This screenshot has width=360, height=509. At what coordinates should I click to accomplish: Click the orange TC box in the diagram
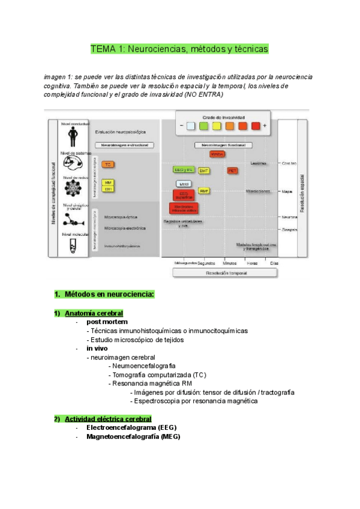(x=108, y=164)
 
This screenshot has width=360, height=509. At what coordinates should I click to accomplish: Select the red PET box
(x=233, y=170)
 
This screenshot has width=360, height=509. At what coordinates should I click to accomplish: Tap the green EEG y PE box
(x=183, y=170)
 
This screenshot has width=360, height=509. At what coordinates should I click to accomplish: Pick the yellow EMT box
(x=204, y=170)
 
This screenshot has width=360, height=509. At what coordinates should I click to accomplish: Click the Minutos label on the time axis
(x=230, y=263)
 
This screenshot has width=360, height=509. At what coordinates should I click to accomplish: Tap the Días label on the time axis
(x=274, y=263)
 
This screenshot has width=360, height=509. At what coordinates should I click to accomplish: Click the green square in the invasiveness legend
(x=203, y=126)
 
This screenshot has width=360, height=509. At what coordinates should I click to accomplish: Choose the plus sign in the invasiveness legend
(x=265, y=126)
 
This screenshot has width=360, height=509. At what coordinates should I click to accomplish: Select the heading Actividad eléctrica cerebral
(x=108, y=418)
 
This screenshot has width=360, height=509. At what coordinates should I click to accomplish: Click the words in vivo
(x=97, y=348)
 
